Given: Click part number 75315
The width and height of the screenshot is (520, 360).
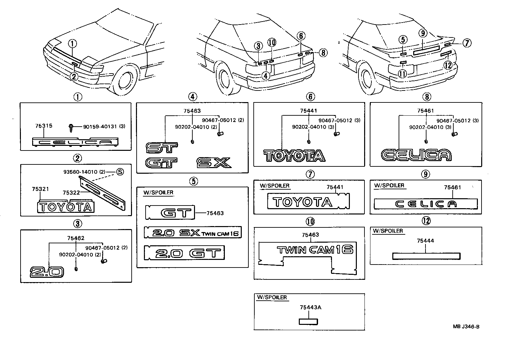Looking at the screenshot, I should pos(43,126).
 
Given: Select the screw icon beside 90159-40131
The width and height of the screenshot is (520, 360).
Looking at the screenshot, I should pos(71,126).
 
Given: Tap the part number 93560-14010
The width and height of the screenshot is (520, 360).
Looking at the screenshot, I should pos(80,172).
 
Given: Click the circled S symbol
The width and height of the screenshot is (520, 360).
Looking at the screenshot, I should pos(119,172).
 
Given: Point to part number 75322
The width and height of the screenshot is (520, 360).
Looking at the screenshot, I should pos(71,192).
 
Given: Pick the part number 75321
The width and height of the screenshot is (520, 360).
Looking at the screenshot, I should pos(40,189).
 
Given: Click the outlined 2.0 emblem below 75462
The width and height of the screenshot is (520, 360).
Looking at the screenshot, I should pos(46,272).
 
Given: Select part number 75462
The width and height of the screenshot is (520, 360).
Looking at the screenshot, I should pos(76,238).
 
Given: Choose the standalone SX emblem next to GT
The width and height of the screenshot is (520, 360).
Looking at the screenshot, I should pos(213,162).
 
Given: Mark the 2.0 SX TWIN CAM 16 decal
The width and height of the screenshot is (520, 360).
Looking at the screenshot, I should pos(193,233).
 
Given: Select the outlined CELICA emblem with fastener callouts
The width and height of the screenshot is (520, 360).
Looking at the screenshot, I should pos(416,155).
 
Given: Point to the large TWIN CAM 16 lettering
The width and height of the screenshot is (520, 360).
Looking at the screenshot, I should pos(315,250).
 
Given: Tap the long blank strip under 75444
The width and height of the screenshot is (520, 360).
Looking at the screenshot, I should pos(426,256).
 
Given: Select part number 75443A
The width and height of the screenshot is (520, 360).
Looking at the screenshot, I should pos(310,307).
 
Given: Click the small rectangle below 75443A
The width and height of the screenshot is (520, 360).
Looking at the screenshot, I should pos(308,321).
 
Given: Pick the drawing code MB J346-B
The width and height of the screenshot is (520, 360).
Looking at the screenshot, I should pos(466,327).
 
